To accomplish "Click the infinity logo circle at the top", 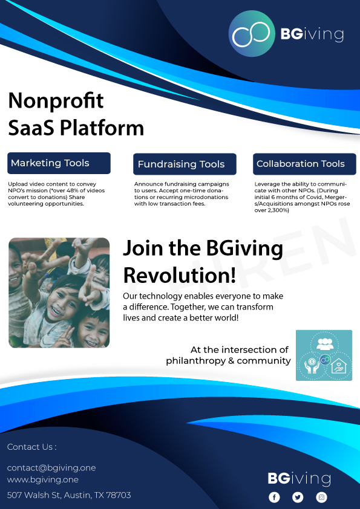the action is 252,34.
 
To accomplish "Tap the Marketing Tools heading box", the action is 59,163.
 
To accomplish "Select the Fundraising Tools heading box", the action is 185,164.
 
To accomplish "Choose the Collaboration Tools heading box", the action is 304,164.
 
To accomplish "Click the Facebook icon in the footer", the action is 274,497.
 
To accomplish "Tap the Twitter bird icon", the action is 298,497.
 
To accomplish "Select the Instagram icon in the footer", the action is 322,497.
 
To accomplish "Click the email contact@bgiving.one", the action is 51,468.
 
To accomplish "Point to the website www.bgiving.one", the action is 42,480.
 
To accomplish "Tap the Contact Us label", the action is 32,447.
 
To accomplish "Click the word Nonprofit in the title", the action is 56,100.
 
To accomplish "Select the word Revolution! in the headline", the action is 180,275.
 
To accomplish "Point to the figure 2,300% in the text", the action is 277,210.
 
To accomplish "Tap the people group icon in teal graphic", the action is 325,344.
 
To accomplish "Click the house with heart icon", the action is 339,366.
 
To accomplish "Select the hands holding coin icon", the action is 311,365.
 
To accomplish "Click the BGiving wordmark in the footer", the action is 299,479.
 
